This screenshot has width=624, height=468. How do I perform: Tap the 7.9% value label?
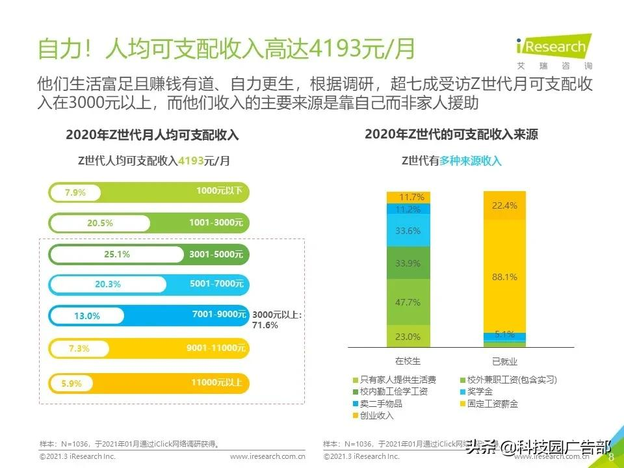click(75, 193)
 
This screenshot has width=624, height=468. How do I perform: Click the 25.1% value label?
click(117, 254)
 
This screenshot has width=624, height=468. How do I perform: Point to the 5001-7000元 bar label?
click(216, 284)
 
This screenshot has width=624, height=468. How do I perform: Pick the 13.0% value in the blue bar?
click(87, 316)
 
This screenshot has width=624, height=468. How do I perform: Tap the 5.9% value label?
click(71, 383)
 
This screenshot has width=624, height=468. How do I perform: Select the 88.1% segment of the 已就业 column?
click(504, 276)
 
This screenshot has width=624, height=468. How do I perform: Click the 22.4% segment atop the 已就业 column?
click(504, 205)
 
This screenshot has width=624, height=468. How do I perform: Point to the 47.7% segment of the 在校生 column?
click(408, 302)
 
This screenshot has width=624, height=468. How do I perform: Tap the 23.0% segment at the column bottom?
click(408, 337)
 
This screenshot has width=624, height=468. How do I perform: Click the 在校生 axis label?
click(408, 361)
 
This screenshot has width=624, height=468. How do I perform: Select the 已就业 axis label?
click(504, 361)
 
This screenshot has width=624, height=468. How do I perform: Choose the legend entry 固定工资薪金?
click(488, 404)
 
